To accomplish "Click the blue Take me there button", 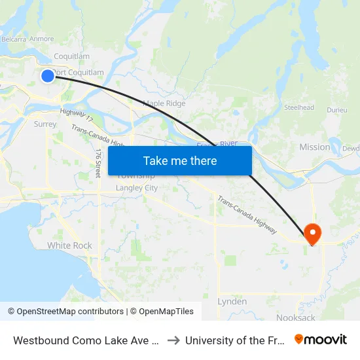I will tap(180, 160).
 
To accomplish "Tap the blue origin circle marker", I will tap(48, 76).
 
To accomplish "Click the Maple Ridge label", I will tap(164, 103).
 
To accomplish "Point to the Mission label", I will tap(315, 147).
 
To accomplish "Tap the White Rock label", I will tap(69, 245).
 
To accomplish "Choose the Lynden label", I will tap(232, 302).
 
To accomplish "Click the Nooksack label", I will tap(295, 317).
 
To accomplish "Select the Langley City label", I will tap(137, 188).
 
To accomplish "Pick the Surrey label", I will tap(45, 123).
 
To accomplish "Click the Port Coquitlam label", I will tap(79, 73).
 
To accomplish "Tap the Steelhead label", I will tap(299, 107).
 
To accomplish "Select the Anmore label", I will tap(42, 39).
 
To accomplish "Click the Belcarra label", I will tap(13, 39).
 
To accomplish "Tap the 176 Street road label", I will tap(98, 163).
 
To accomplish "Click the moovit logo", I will tap(321, 340).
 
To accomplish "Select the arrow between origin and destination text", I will tap(173, 340).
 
